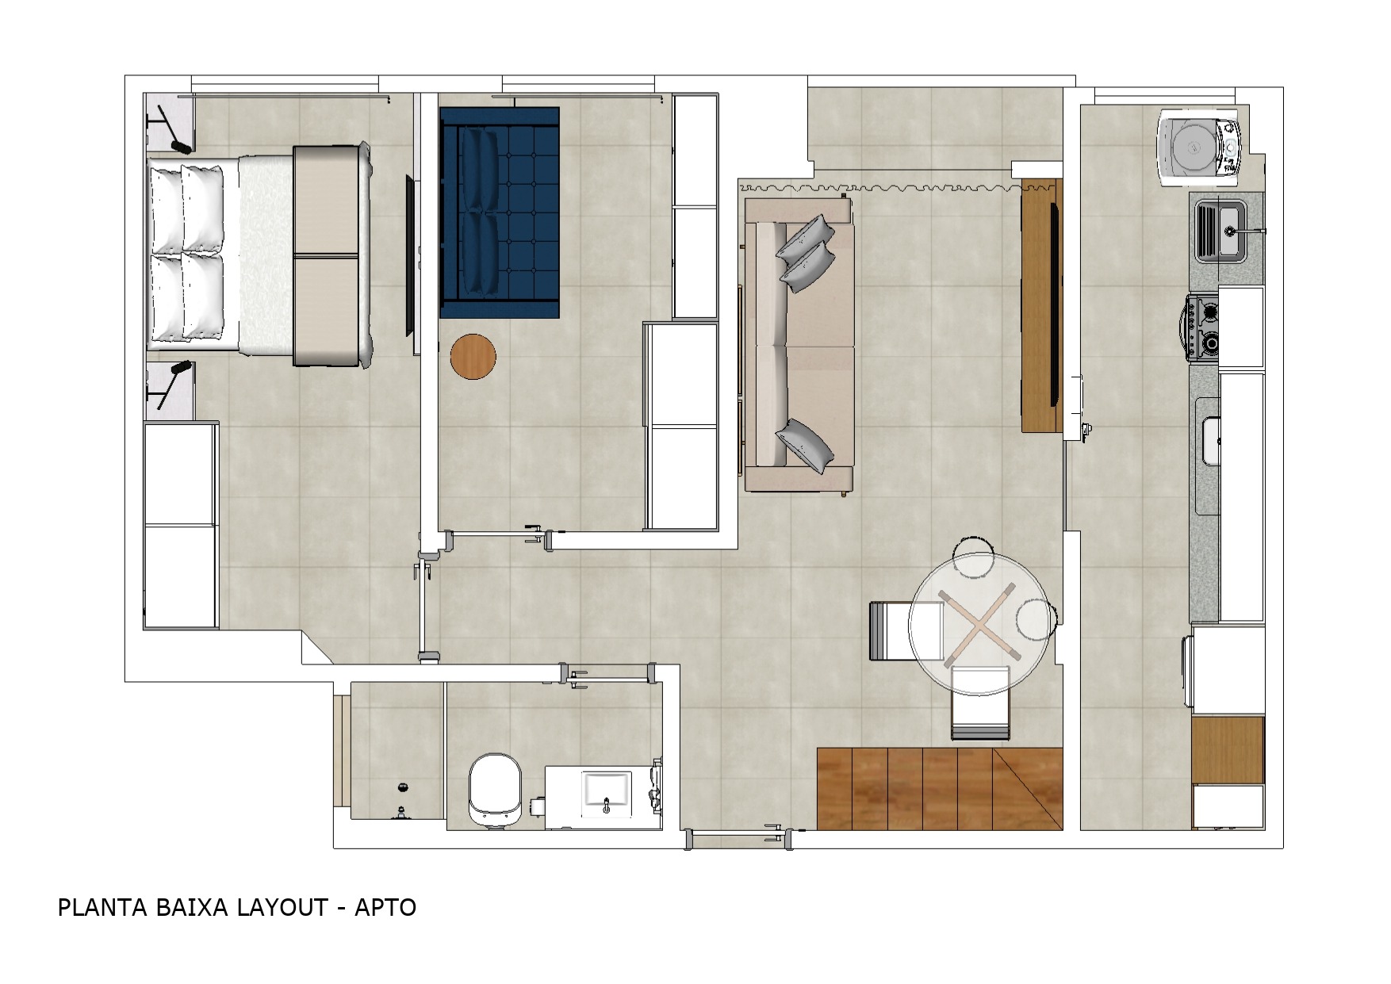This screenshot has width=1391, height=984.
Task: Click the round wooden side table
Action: click(473, 356)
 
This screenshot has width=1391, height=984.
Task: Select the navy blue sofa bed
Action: click(500, 213)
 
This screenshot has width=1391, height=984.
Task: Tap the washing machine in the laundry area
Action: click(1197, 148)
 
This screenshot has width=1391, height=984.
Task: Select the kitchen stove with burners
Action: click(1202, 327)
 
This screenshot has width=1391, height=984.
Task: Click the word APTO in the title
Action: click(385, 907)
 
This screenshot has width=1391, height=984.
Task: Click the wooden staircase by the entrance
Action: click(940, 789)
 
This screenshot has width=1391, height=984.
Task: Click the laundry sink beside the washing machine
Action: click(1221, 230)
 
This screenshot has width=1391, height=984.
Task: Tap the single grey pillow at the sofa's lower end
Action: click(807, 444)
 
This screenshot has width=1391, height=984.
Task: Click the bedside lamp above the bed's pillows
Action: click(171, 129)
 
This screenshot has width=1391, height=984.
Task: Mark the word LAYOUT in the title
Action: click(282, 907)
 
